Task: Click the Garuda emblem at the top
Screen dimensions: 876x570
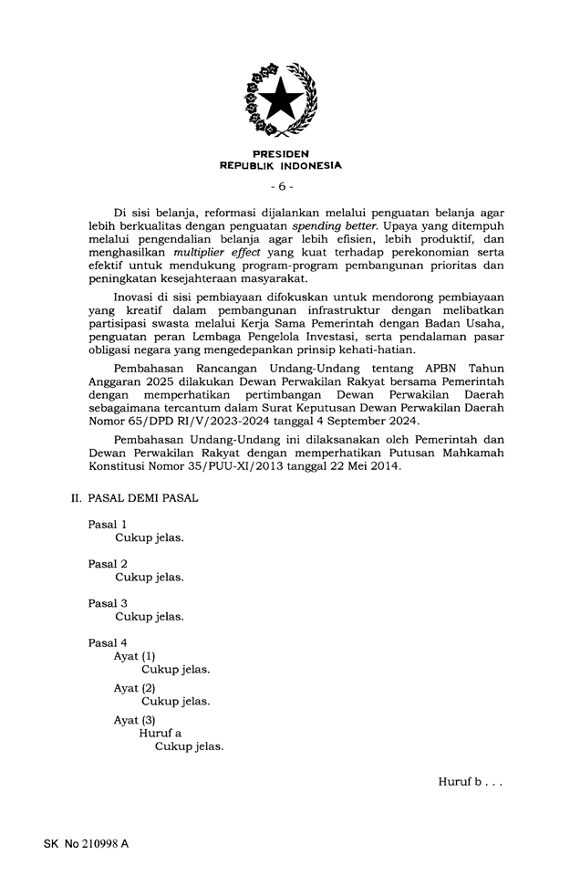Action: (x=281, y=99)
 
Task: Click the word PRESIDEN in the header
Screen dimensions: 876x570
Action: (x=281, y=154)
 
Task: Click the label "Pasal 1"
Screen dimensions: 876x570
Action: (x=108, y=525)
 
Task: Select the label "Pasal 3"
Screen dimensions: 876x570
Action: (x=108, y=603)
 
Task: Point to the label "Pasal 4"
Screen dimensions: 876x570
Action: (x=108, y=642)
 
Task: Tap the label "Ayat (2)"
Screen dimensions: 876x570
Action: (x=135, y=688)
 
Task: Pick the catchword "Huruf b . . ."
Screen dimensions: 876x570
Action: (x=470, y=782)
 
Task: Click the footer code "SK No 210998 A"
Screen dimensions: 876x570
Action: (x=86, y=844)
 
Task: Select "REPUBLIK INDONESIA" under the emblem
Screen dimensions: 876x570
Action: (x=281, y=166)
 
